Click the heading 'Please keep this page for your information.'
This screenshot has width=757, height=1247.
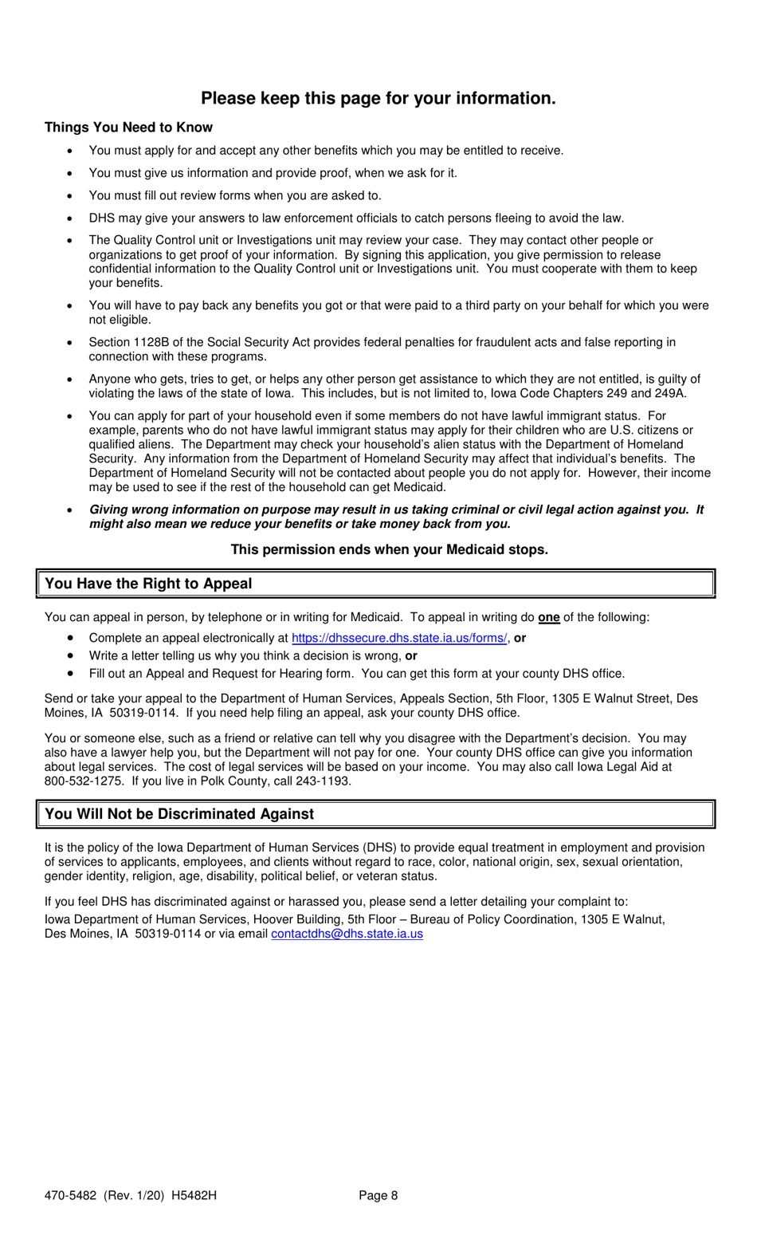378,98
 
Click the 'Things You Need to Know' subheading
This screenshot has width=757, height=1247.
128,128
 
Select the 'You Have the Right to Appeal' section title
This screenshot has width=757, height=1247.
148,584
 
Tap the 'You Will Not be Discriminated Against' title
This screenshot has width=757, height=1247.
179,814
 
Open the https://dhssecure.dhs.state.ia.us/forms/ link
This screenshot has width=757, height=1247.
398,638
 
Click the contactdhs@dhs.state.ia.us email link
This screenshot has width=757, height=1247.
347,934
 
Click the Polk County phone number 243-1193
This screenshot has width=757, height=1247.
322,781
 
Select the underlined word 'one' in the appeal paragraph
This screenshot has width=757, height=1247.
548,617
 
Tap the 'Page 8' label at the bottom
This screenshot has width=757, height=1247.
378,1195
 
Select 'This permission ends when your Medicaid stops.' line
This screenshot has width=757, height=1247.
389,550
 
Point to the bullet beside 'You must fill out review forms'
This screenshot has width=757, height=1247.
71,196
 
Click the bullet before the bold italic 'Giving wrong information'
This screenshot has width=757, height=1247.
71,510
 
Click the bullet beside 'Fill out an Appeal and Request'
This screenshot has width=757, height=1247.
71,674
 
